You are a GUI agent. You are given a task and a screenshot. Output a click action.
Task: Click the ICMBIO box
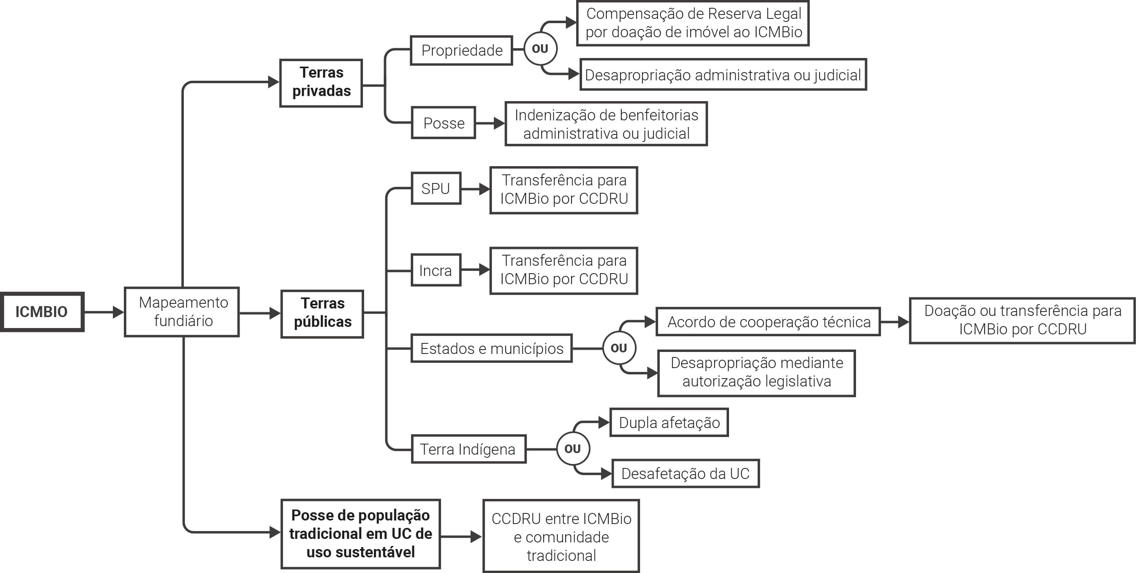pos(42,312)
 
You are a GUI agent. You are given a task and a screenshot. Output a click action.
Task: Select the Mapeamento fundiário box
pos(182,312)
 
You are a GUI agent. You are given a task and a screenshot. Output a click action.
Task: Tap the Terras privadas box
pos(321,83)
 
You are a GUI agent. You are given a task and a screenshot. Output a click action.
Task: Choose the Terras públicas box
pos(322,314)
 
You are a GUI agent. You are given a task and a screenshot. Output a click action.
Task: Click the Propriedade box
pos(461,51)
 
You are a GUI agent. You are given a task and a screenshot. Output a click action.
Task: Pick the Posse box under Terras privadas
pos(443,123)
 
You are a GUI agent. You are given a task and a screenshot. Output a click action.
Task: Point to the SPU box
pos(436,189)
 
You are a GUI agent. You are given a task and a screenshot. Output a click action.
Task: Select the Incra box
pos(436,270)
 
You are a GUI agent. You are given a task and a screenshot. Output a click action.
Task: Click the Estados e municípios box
pos(491,348)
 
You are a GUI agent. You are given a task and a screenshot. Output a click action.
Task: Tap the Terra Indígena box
pos(468,449)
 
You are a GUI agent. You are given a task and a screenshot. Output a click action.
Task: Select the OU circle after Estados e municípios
pos(618,348)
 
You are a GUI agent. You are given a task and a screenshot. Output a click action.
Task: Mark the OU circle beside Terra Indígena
pos(573,449)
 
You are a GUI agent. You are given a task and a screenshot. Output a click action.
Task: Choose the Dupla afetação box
pos(669,422)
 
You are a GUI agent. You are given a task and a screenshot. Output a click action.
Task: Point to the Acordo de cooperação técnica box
pos(768,322)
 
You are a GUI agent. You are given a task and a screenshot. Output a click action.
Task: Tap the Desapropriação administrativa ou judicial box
pos(723,75)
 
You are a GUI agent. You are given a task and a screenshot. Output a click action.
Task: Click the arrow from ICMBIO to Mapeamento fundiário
pos(104,312)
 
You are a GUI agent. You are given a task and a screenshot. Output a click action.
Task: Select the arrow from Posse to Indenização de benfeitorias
pos(490,123)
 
